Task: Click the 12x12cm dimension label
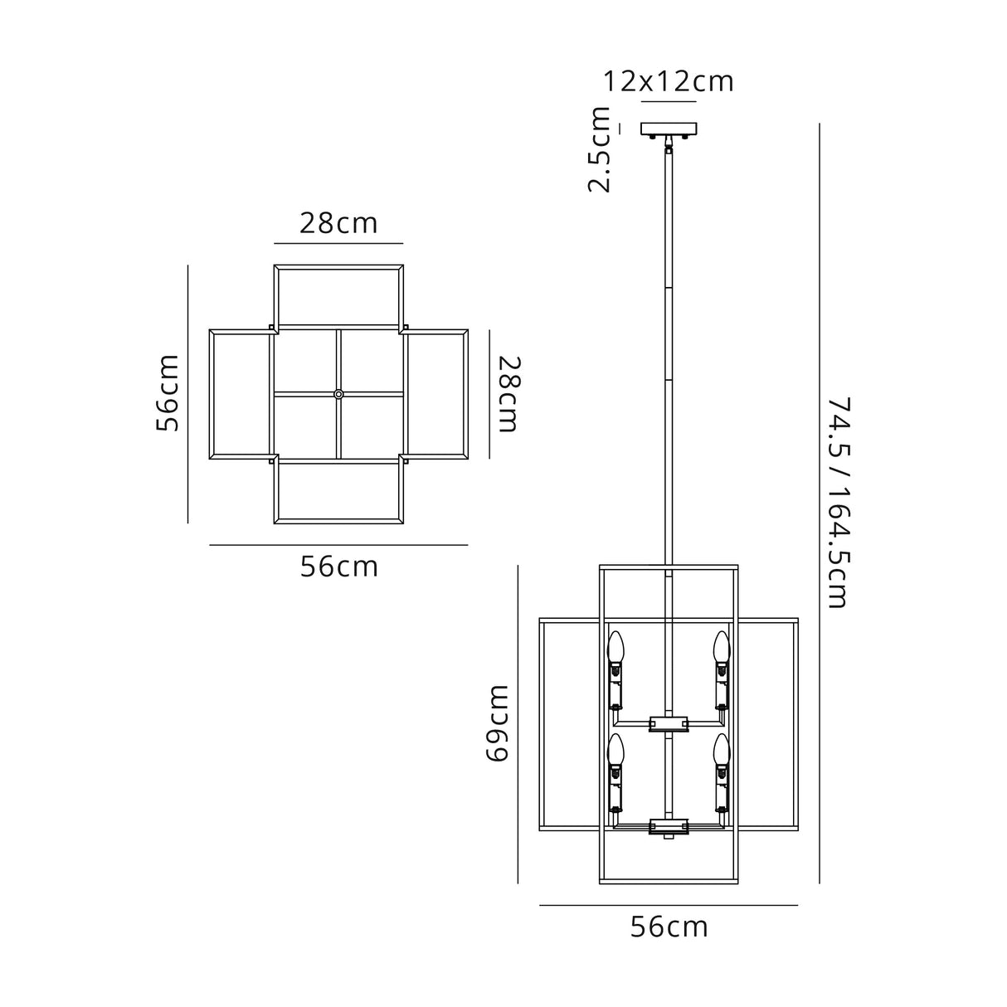tap(669, 81)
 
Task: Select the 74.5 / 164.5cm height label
tap(839, 503)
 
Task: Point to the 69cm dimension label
tap(497, 724)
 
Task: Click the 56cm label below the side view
tap(669, 927)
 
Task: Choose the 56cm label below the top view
tap(338, 567)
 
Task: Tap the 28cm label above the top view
tap(338, 223)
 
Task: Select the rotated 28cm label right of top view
tap(508, 394)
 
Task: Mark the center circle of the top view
tap(338, 393)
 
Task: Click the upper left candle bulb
tap(615, 648)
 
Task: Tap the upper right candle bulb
tap(722, 648)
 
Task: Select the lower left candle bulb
tap(615, 750)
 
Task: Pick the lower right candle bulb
tap(722, 750)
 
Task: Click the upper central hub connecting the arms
tap(669, 722)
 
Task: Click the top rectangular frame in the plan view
tap(338, 296)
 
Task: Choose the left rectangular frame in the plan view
tap(241, 393)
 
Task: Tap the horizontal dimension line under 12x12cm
tap(669, 102)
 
